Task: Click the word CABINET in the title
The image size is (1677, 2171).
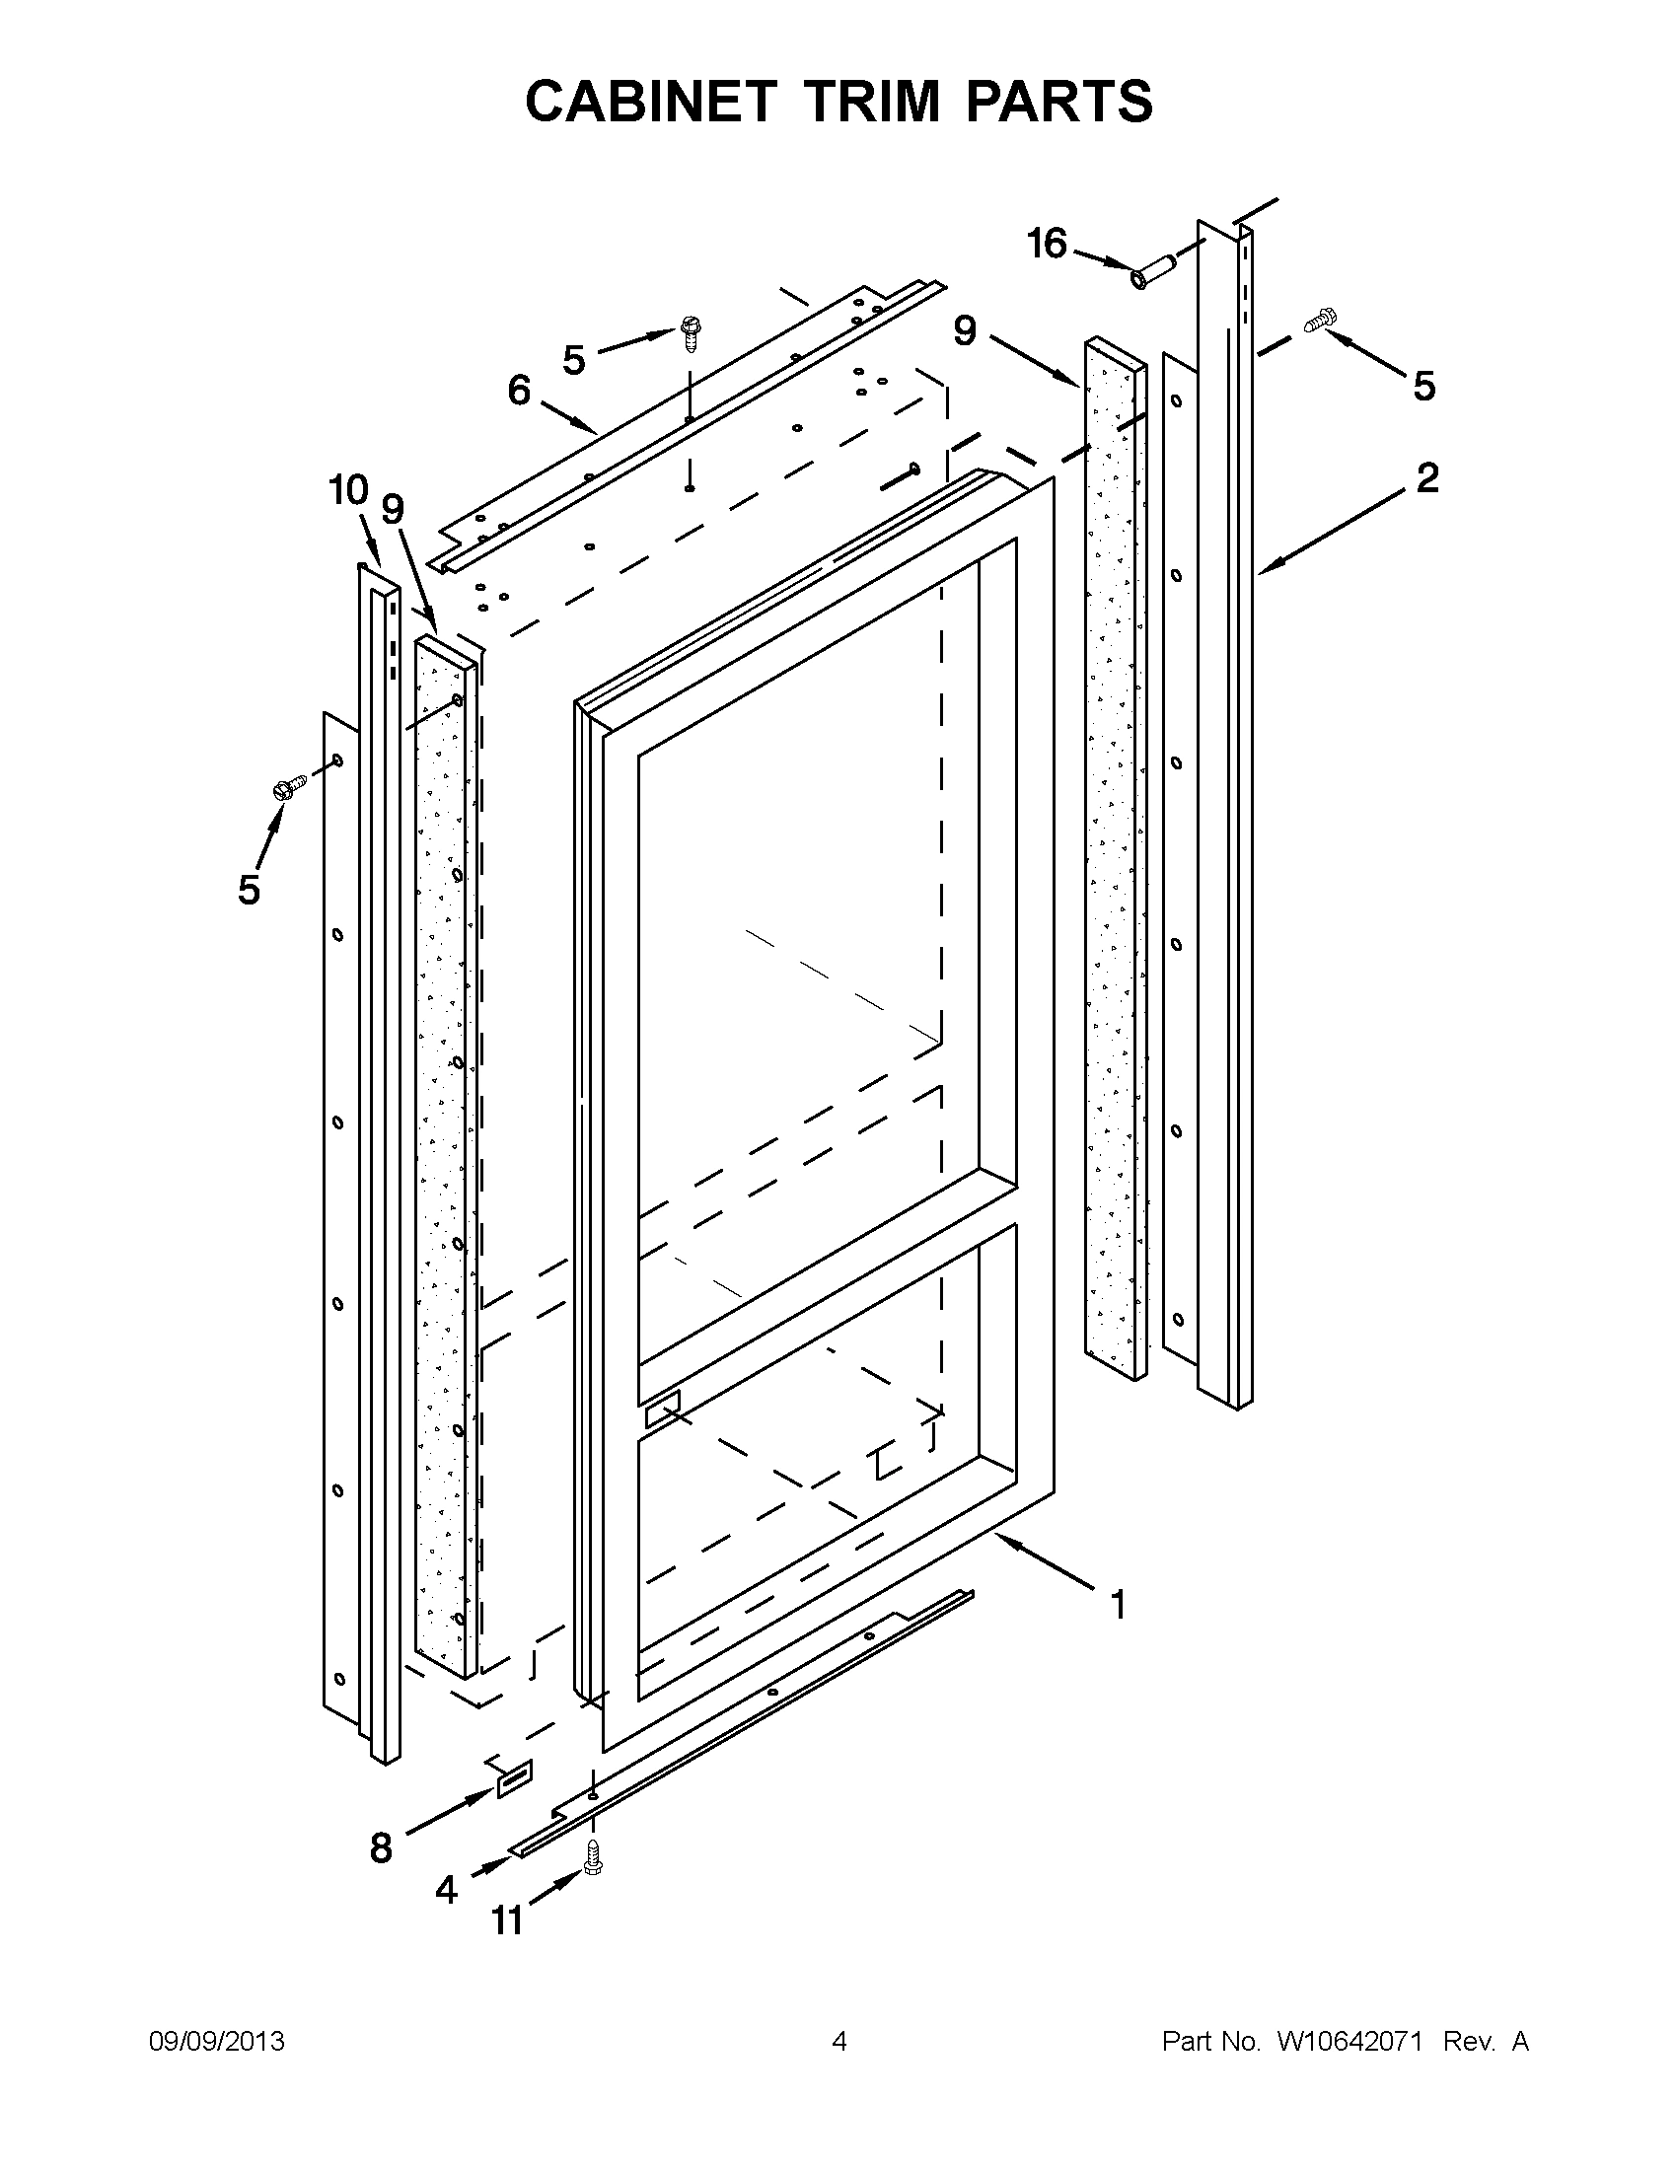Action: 650,102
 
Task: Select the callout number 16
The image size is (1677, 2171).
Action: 1047,243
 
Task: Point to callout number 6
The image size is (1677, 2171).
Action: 519,391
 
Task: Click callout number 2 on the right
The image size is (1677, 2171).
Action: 1426,479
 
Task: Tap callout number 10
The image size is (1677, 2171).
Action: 348,490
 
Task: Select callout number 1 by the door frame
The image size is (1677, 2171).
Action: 1118,1605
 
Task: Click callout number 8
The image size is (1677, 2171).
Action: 381,1848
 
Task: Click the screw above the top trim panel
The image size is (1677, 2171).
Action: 689,331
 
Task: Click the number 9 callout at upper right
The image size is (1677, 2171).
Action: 964,331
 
